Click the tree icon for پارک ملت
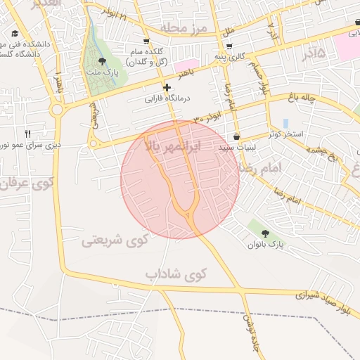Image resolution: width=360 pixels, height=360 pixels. pos(103,62)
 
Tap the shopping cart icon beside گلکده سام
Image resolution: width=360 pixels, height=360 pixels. pos(146,41)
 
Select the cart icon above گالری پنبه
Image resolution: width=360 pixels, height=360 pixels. pos(229,46)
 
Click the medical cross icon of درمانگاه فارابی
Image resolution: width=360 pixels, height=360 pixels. pos(167,88)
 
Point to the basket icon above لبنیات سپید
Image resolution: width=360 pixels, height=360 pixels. pos(236,136)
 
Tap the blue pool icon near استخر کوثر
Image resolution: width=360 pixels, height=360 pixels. pos(285,123)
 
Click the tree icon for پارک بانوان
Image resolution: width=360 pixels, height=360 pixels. pos(265,233)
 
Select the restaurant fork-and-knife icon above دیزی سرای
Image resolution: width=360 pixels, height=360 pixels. pos(28,133)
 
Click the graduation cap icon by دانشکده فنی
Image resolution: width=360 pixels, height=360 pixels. pos(15,33)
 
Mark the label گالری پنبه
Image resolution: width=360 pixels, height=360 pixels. pos(231,57)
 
